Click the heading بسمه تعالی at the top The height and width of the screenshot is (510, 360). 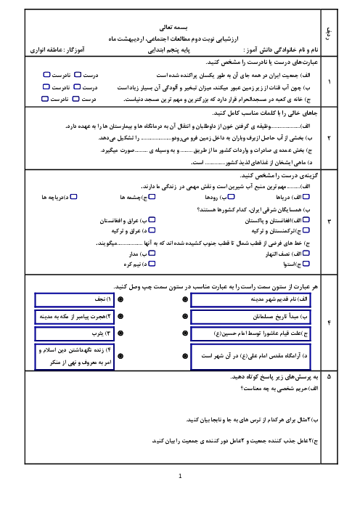[x=173, y=28]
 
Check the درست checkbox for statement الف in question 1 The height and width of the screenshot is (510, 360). [x=78, y=75]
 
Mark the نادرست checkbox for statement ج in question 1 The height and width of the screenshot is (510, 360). [x=45, y=99]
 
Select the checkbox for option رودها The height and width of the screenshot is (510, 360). [x=231, y=196]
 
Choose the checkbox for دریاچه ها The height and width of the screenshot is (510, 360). [x=74, y=196]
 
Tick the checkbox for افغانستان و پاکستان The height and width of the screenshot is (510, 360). [x=306, y=220]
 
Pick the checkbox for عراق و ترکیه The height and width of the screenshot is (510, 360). [x=152, y=230]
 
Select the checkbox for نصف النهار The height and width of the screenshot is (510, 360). [x=306, y=253]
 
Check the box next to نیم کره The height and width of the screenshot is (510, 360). [x=152, y=264]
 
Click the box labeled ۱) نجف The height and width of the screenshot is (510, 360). [x=75, y=300]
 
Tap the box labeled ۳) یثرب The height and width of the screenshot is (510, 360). [x=75, y=333]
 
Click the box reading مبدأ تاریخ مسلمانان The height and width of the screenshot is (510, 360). [x=250, y=317]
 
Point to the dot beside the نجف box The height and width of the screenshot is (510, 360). [x=120, y=299]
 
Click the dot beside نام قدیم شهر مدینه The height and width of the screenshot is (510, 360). [x=185, y=299]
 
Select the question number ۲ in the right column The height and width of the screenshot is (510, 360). [x=329, y=138]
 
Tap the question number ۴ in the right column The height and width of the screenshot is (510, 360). [x=329, y=323]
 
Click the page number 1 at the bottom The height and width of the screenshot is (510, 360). [x=180, y=476]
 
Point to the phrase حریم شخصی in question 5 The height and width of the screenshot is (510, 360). [x=290, y=389]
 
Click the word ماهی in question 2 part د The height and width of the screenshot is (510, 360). [x=299, y=162]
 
